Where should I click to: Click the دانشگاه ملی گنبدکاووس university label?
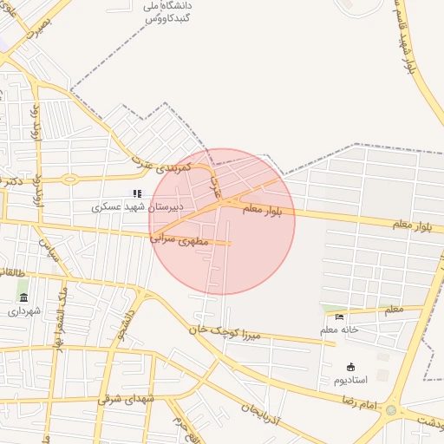pyautogui.click(x=167, y=10)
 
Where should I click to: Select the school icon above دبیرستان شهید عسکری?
pyautogui.click(x=136, y=193)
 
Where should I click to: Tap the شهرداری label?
pyautogui.click(x=24, y=309)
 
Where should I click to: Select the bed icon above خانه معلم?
pyautogui.click(x=338, y=317)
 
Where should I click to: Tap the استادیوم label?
pyautogui.click(x=351, y=380)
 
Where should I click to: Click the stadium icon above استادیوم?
pyautogui.click(x=350, y=367)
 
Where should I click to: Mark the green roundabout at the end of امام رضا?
pyautogui.click(x=391, y=410)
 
